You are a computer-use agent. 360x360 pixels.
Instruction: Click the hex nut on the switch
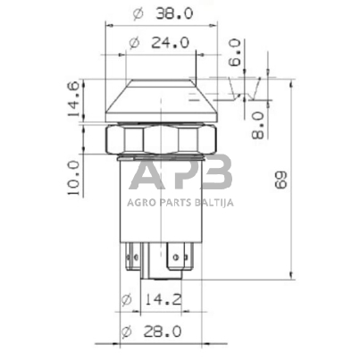(x=161, y=139)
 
